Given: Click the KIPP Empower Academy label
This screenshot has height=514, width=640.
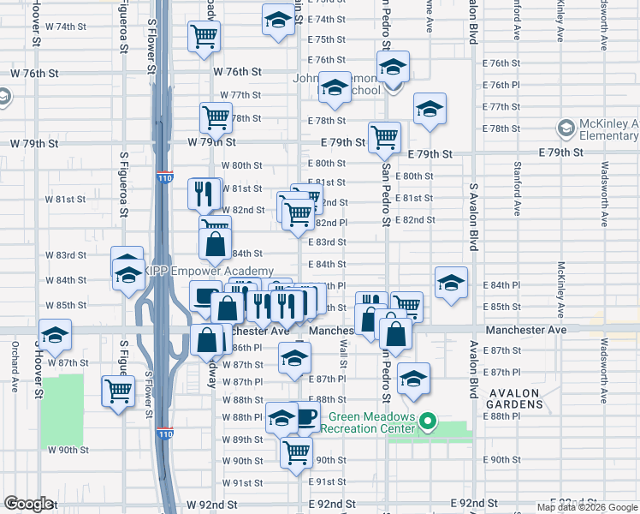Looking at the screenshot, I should tap(209, 272).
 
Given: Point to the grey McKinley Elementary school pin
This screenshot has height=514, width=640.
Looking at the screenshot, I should tap(565, 129).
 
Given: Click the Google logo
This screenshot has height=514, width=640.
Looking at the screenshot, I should tap(28, 504).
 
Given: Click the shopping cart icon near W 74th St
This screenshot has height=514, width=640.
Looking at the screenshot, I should tap(204, 36).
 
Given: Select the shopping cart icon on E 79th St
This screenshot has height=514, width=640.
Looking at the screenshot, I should tap(384, 135).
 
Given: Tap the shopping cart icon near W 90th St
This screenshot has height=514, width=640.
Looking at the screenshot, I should tap(296, 451).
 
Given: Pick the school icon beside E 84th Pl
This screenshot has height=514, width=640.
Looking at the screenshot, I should tap(451, 282).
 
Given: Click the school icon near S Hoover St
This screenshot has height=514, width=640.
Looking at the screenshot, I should tap(56, 336).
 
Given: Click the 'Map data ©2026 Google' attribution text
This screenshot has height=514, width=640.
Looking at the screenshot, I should tap(588, 507).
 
